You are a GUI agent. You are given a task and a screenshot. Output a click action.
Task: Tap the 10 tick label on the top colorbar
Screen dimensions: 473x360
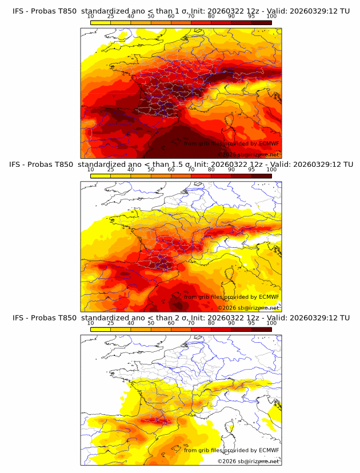tap(90, 17)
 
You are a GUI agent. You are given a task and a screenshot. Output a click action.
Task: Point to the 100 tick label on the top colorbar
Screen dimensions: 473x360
tap(271, 17)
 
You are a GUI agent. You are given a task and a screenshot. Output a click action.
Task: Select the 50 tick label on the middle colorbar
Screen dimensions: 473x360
tap(151, 170)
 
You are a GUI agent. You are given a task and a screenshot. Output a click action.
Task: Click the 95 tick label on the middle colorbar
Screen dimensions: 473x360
tap(251, 170)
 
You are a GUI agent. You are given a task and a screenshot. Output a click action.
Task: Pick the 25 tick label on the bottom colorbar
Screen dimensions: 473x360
tap(110, 323)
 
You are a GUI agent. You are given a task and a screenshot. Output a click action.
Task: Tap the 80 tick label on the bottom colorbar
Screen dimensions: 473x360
tap(211, 323)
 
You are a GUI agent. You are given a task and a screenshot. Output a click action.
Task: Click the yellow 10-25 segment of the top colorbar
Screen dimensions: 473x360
tap(101, 22)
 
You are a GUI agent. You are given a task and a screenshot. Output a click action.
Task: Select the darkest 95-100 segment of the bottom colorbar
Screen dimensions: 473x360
tap(261, 329)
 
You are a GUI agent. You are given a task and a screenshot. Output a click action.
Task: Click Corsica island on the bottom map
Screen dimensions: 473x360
tap(233, 426)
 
